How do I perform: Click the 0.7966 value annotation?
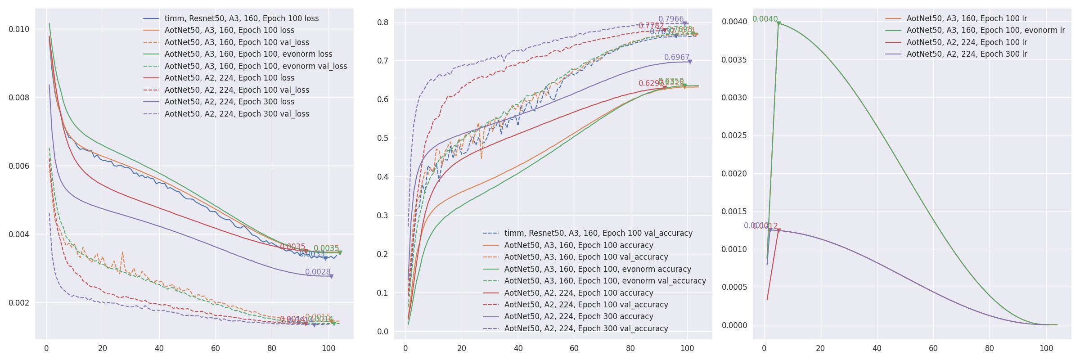tap(670, 19)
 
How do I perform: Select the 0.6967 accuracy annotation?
tap(676, 57)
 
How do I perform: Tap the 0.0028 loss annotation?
tap(317, 272)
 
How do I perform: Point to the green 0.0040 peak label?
tap(765, 19)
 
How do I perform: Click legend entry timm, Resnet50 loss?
tap(241, 18)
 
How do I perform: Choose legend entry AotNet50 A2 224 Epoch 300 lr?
tap(967, 54)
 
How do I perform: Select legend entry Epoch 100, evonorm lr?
tap(985, 30)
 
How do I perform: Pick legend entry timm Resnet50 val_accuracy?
tap(598, 233)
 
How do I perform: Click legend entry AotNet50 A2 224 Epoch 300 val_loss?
tap(237, 114)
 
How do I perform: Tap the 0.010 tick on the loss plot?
tap(19, 29)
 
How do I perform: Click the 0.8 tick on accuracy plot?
tap(382, 22)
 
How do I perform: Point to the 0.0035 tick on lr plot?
tap(734, 60)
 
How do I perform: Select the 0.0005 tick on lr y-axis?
tap(734, 287)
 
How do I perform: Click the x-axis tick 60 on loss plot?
tap(216, 348)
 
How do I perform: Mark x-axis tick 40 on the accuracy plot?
tap(518, 348)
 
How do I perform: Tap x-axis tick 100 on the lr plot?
tap(1046, 348)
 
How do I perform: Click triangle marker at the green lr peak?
tap(778, 23)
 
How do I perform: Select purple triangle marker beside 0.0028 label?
tap(331, 276)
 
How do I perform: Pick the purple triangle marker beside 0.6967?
tap(690, 62)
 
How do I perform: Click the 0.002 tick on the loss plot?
tap(19, 303)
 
